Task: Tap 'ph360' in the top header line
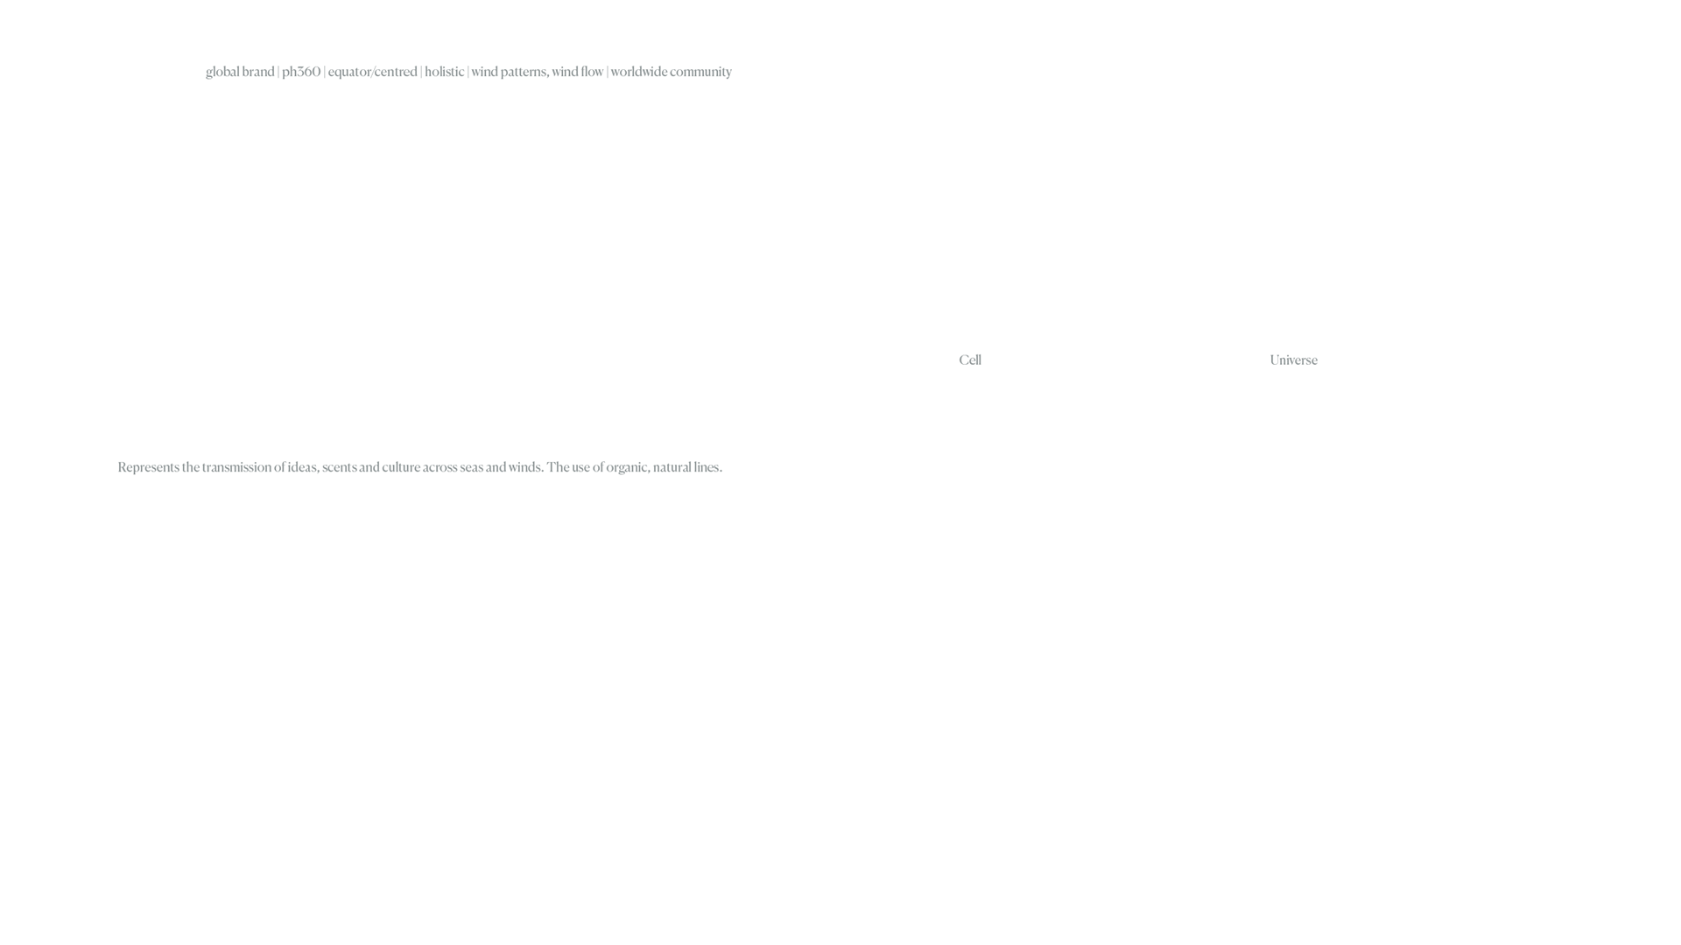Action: coord(301,72)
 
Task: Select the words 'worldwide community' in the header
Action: coord(671,72)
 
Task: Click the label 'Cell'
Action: coord(970,360)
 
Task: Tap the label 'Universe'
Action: coord(1293,360)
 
